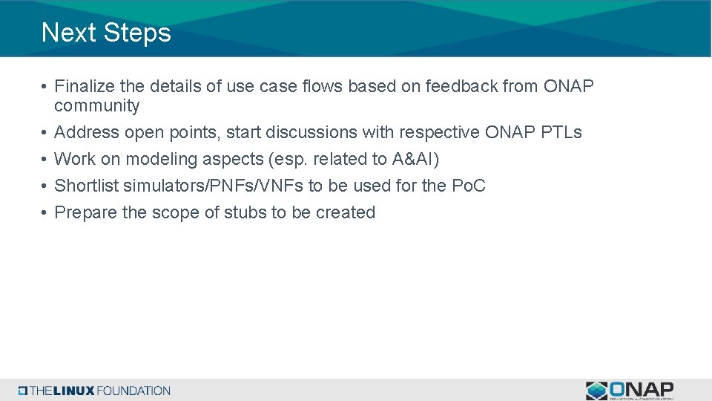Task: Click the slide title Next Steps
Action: tap(106, 33)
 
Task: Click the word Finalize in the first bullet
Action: tap(82, 87)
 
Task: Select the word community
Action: tap(96, 106)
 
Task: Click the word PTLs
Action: tap(561, 133)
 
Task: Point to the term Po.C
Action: tap(468, 186)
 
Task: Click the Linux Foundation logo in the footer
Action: tap(95, 391)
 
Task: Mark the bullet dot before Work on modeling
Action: tap(44, 160)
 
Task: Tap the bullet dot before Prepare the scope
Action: tap(44, 213)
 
